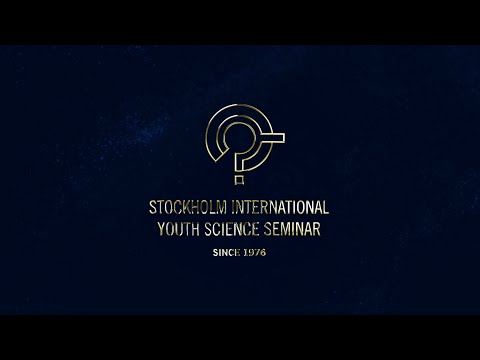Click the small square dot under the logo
(238, 182)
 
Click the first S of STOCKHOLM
(153, 208)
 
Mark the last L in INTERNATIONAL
(326, 208)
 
